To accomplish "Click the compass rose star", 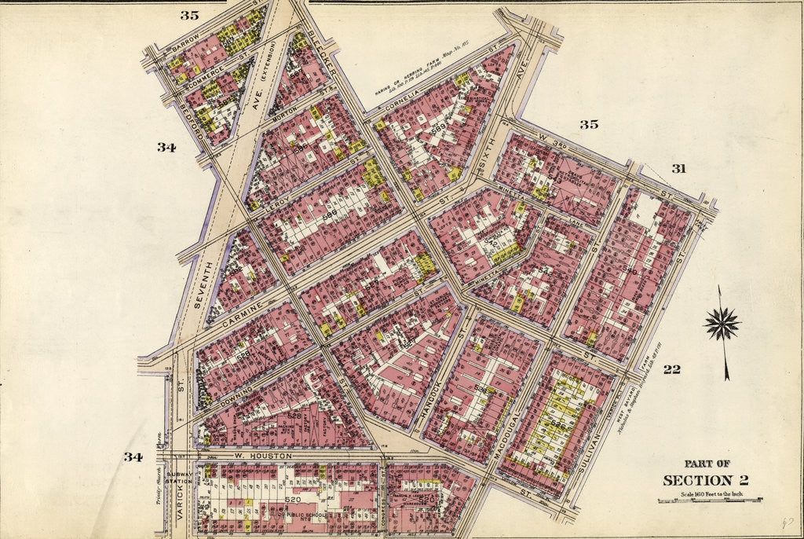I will pos(722,324).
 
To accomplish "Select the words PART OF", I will pos(707,464).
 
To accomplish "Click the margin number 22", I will pos(671,369).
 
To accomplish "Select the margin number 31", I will pos(678,167).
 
